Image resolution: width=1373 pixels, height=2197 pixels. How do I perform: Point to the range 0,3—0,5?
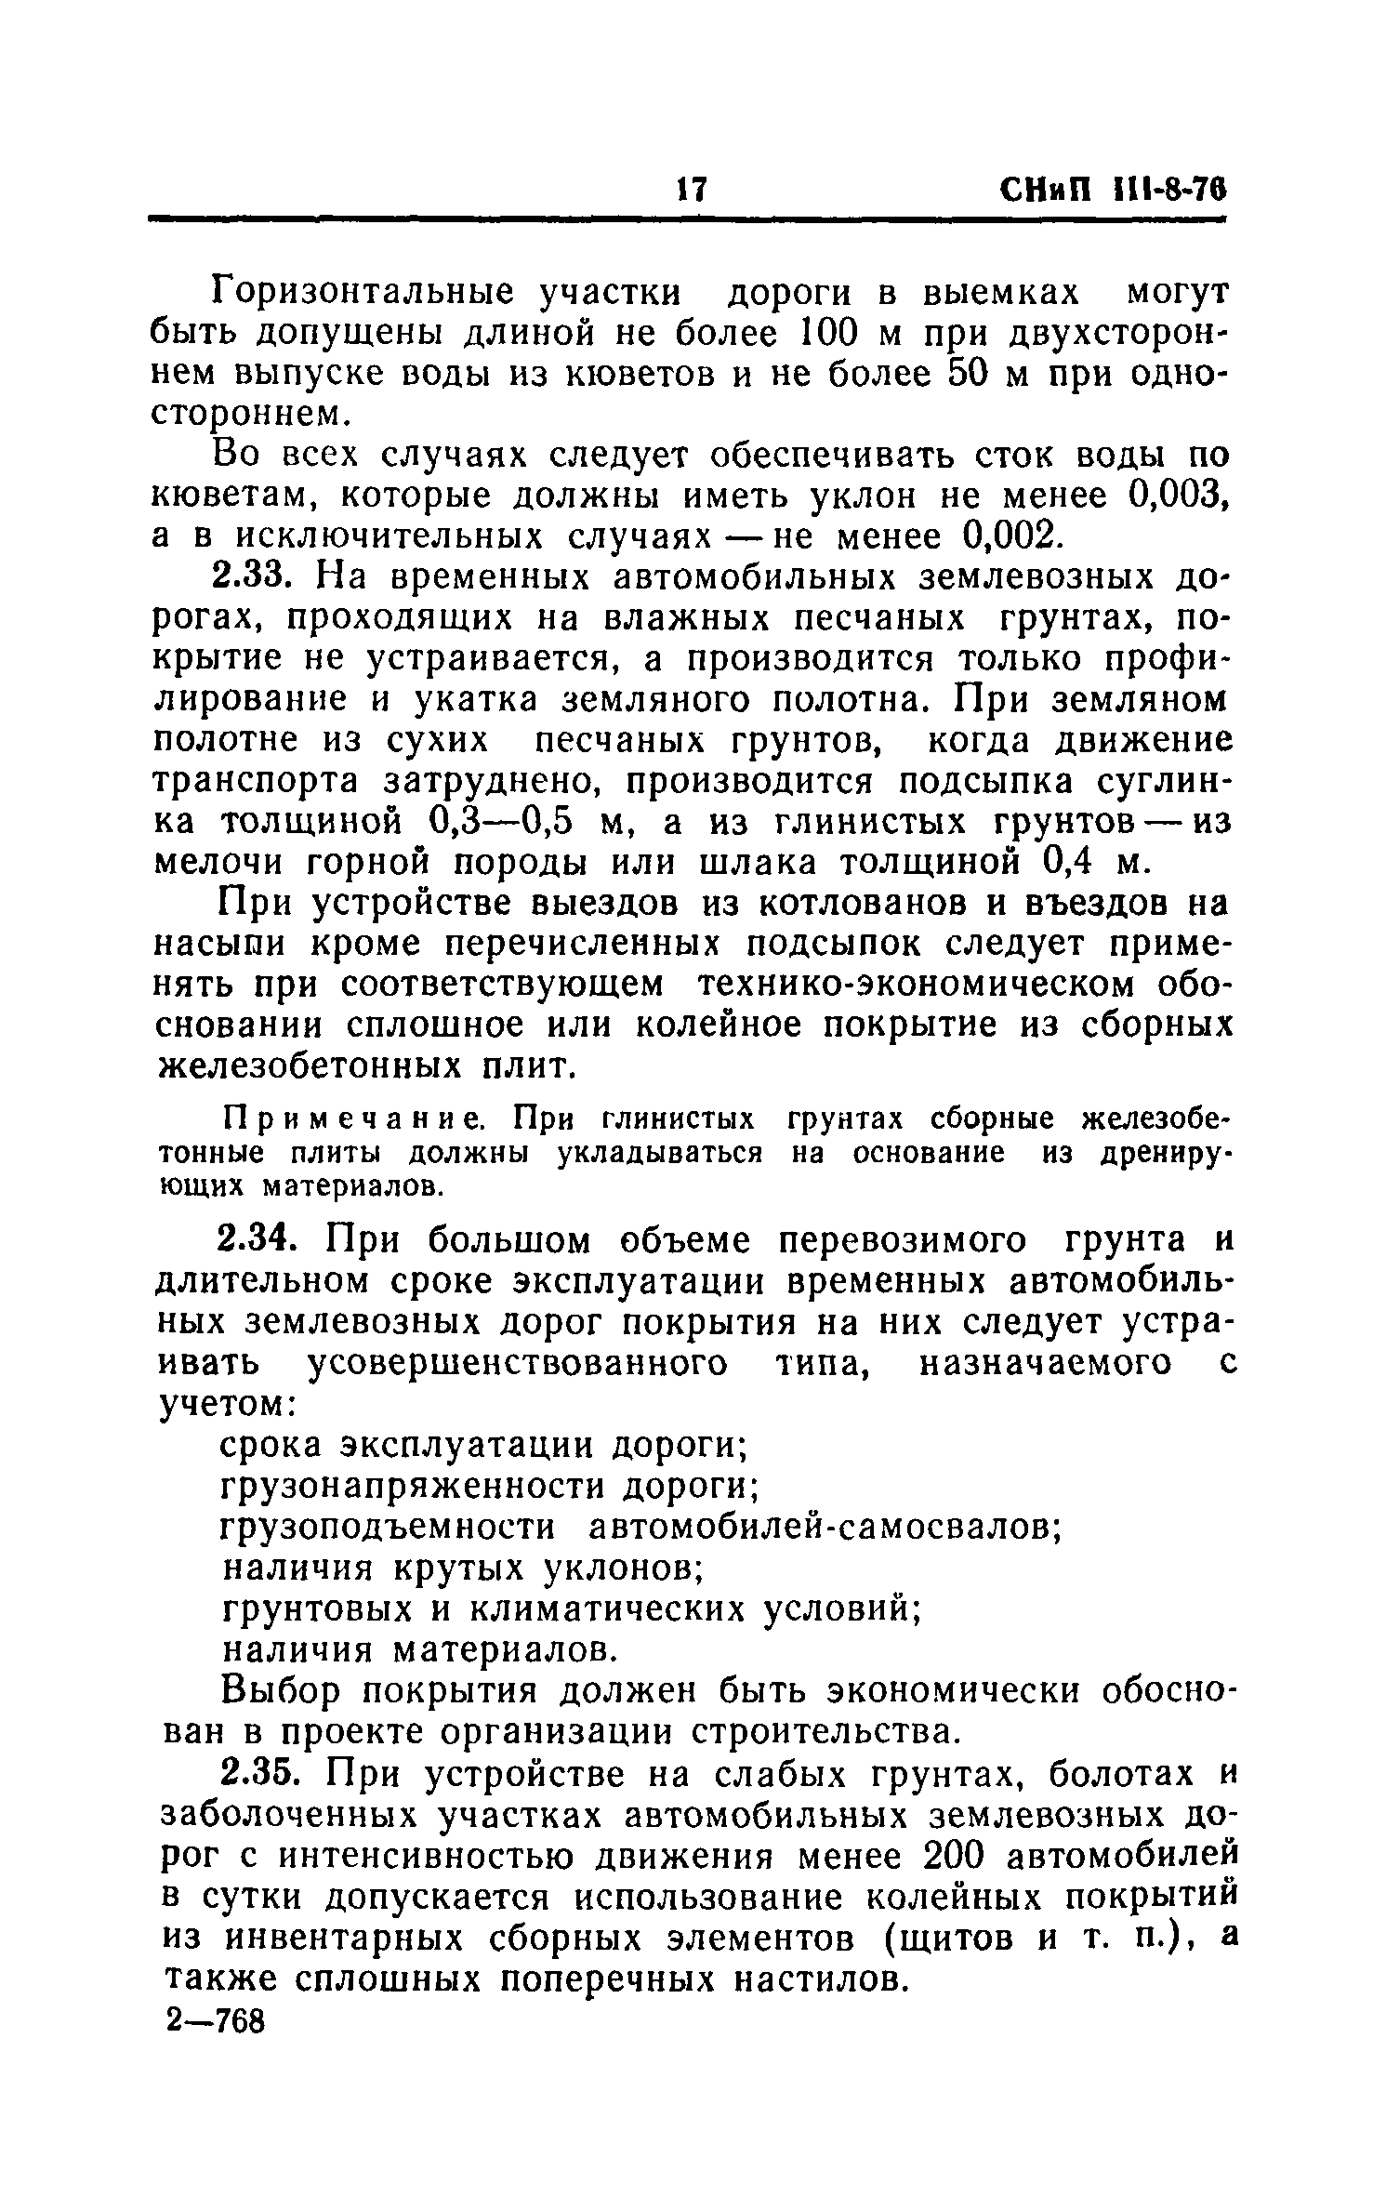503,823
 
